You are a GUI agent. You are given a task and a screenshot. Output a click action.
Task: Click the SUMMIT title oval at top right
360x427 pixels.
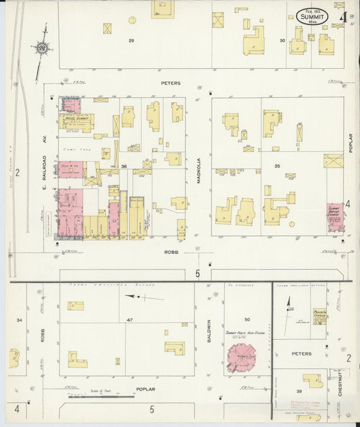coord(313,16)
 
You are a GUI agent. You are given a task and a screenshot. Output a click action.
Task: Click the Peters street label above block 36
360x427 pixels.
coord(171,83)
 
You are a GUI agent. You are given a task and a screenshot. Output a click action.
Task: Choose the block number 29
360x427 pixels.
coord(132,41)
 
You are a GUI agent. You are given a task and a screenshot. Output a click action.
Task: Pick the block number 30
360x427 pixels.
coord(282,41)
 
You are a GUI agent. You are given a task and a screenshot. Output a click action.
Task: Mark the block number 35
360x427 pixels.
coord(277,166)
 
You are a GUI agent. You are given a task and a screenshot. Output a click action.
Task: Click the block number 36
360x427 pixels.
coord(124,166)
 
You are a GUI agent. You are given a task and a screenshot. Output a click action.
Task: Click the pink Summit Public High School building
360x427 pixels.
coord(240,358)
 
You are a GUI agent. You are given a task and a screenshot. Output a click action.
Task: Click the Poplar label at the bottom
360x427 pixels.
coord(145,389)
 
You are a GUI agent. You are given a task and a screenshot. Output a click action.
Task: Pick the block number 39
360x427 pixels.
coord(297,391)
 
